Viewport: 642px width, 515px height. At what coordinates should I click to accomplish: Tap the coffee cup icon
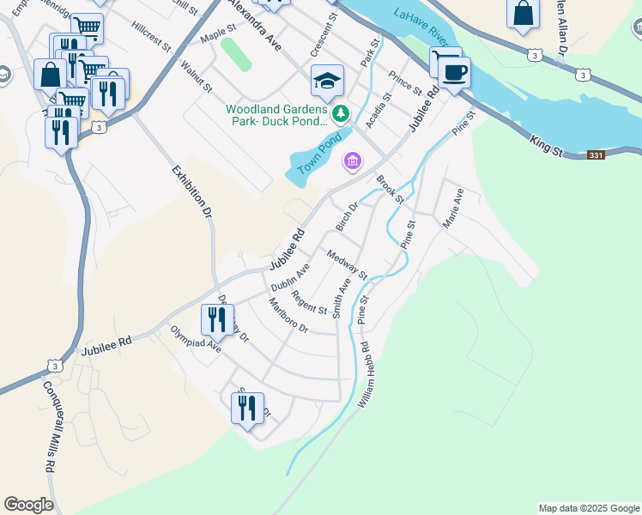click(453, 73)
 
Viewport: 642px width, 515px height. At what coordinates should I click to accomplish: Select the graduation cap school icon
click(327, 81)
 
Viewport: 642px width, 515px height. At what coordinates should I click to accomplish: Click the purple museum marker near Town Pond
click(352, 161)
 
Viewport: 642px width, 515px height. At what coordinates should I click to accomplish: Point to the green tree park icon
click(342, 112)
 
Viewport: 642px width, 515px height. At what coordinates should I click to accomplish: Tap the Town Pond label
click(319, 151)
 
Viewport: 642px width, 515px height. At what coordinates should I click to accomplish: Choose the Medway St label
click(347, 264)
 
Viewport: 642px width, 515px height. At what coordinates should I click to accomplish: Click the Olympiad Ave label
click(195, 339)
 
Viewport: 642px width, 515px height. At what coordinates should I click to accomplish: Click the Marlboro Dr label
click(288, 316)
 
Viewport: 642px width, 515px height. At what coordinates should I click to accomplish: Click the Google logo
click(28, 505)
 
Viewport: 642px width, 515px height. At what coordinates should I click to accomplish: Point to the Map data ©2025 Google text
click(589, 508)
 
